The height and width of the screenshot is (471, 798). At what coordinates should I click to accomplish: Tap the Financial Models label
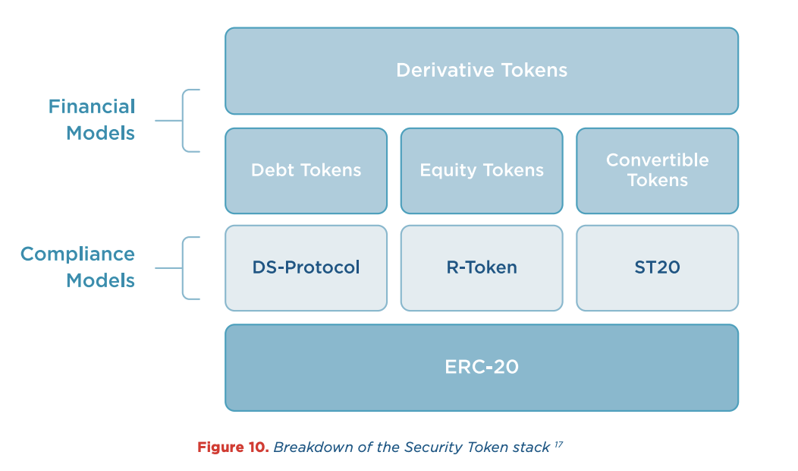(92, 119)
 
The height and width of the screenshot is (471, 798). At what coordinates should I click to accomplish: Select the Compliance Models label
(78, 267)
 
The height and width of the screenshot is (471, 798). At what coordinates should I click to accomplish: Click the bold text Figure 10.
(233, 447)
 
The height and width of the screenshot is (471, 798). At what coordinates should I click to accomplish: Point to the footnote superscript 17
(558, 444)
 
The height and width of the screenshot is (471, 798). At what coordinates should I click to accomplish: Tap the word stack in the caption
(533, 447)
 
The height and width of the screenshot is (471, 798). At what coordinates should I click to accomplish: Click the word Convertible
(657, 160)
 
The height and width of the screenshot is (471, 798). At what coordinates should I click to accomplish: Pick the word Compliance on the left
(78, 254)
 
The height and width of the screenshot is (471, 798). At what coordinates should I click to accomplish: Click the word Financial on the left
(92, 106)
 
